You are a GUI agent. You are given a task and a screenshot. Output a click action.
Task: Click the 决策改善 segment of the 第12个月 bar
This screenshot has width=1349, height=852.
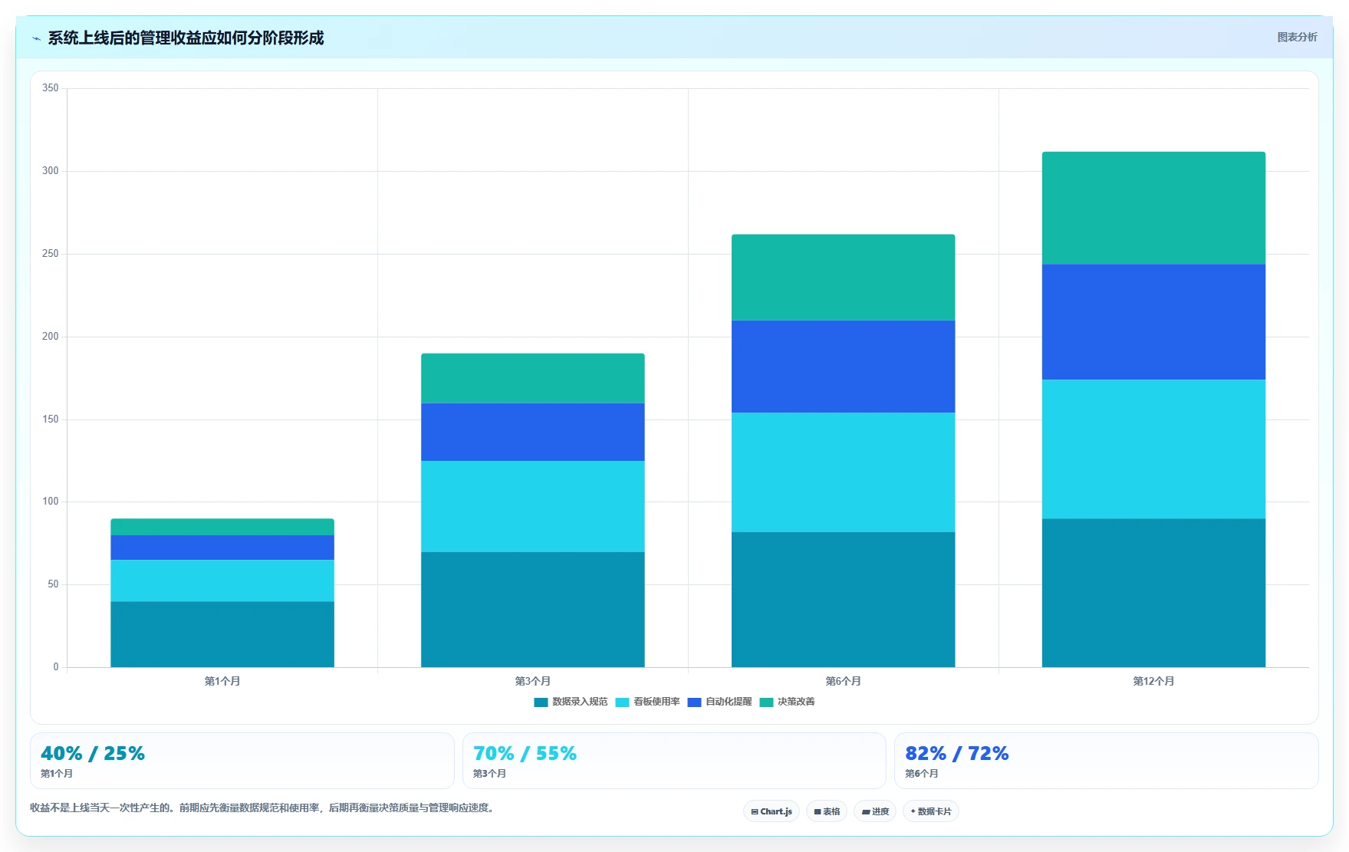pos(1153,208)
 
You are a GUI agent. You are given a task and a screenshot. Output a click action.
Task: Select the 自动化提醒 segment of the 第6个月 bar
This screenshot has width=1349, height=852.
pos(843,367)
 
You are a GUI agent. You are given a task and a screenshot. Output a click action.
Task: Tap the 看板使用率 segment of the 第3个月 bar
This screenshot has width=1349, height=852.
pos(532,506)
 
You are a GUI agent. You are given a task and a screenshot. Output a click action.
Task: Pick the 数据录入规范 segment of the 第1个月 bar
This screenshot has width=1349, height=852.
pos(222,634)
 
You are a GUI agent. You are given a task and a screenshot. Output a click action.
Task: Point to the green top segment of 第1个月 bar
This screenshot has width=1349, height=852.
pos(222,527)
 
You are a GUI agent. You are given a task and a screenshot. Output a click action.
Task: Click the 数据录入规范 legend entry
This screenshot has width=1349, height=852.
pos(571,702)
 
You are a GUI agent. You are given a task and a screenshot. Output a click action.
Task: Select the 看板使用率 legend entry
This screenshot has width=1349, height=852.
pos(647,702)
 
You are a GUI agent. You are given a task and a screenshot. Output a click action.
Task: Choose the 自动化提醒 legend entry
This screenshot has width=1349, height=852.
pos(719,702)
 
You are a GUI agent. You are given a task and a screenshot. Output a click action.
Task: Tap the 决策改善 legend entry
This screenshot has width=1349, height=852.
pos(787,702)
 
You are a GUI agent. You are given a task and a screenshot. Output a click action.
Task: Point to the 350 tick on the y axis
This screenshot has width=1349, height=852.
pos(51,88)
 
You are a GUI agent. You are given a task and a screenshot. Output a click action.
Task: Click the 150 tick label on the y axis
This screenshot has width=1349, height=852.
pos(51,419)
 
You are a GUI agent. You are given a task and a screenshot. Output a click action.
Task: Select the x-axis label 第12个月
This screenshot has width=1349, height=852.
pos(1153,681)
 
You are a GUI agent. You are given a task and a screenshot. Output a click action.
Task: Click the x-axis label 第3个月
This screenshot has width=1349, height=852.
pos(532,681)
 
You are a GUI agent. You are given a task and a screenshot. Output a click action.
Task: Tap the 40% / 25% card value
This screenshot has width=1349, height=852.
pos(93,753)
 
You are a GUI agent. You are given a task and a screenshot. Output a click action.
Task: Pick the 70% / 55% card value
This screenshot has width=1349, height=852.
pos(525,753)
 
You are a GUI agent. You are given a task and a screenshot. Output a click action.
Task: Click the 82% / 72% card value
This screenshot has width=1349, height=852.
pos(956,753)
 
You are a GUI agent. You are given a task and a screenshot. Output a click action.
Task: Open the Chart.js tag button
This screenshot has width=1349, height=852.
pos(772,811)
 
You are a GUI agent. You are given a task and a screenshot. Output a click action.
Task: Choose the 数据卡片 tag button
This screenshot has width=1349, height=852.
pos(931,811)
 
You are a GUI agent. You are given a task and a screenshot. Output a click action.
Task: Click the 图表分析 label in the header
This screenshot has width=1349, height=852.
pos(1297,37)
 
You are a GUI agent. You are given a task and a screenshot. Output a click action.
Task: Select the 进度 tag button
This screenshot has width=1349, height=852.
pos(875,811)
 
